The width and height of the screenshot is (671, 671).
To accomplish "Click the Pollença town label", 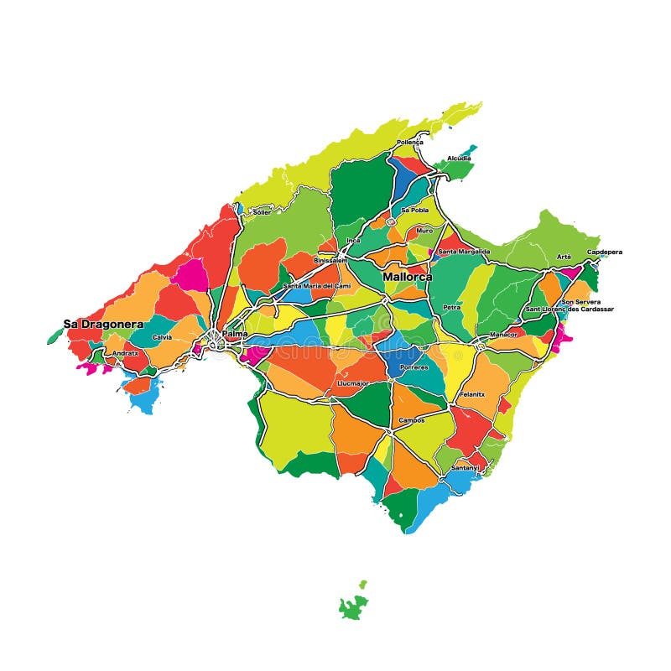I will [410, 142].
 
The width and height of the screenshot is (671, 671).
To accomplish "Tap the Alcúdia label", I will [459, 158].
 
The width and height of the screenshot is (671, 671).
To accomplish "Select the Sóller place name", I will [262, 212].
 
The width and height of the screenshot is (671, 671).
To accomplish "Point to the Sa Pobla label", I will [414, 210].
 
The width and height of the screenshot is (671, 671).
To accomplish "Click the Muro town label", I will [424, 229].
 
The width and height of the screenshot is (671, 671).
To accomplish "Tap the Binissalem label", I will [330, 260].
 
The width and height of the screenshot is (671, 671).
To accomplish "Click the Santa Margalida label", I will [464, 251].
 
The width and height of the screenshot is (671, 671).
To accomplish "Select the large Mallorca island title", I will [408, 276].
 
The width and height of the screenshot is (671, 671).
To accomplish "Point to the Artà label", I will [564, 256].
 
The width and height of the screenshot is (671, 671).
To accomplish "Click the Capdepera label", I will [604, 252].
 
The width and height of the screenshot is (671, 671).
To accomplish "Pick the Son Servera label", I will [580, 301].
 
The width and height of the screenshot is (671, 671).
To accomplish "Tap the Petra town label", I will [451, 307].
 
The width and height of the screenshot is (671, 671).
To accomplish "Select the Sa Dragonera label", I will [103, 324].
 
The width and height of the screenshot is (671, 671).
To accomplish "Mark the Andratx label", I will [126, 353].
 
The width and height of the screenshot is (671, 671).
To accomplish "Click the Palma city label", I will [235, 334].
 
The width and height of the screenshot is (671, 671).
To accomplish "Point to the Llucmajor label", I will [352, 382].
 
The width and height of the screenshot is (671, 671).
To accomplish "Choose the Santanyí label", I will [466, 467].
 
